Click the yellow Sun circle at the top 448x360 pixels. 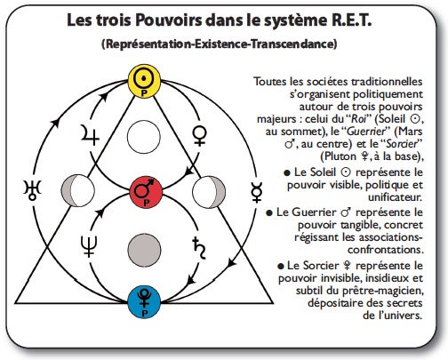click(x=144, y=81)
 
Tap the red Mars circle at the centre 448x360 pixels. click(x=146, y=192)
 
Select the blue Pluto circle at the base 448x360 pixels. click(x=144, y=302)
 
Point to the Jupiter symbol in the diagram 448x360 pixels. click(x=90, y=135)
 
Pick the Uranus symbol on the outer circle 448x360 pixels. click(x=32, y=190)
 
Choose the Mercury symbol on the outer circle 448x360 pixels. click(x=256, y=193)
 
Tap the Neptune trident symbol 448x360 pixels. click(x=89, y=246)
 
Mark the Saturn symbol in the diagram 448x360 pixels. click(x=199, y=248)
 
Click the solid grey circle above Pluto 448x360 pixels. click(x=144, y=250)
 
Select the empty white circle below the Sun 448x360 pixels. click(x=144, y=137)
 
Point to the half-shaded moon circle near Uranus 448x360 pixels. click(x=77, y=190)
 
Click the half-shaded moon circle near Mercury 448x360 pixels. click(x=209, y=192)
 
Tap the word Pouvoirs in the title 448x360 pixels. click(x=169, y=20)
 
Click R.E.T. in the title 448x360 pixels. click(x=349, y=20)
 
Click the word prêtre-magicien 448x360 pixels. click(x=383, y=291)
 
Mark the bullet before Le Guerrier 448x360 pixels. click(x=269, y=213)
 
